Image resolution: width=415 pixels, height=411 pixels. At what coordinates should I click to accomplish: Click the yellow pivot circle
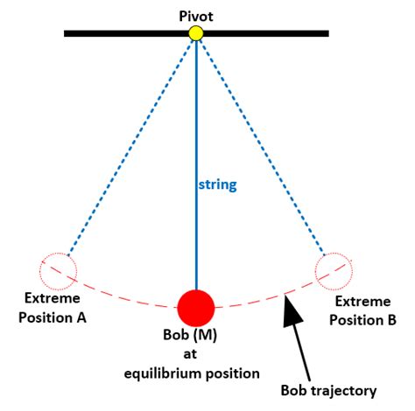coord(196,33)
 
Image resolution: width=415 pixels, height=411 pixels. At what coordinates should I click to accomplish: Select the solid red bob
coord(196,308)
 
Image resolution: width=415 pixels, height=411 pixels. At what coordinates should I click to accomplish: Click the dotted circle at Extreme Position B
coord(334,268)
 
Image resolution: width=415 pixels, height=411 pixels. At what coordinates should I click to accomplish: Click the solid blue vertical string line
coord(196,131)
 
